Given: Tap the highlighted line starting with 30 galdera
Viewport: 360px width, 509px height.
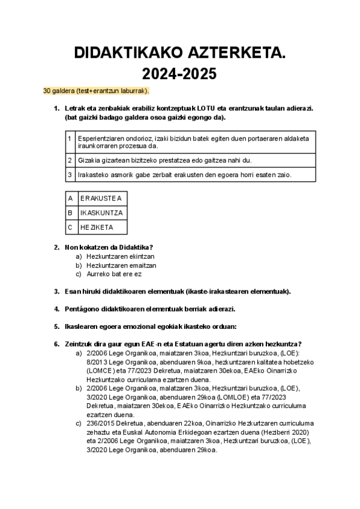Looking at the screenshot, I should [96, 91].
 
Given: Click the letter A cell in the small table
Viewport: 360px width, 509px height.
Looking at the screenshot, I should [71, 198].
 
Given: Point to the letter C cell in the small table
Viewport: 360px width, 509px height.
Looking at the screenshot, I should [71, 227].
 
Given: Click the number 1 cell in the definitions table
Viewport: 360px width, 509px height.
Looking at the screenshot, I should [70, 142].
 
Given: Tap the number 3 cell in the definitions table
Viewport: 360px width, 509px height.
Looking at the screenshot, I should [70, 175].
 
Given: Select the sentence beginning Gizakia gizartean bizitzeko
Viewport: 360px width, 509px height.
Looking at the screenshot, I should [165, 160].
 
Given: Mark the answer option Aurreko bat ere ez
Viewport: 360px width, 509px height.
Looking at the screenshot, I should [114, 274].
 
